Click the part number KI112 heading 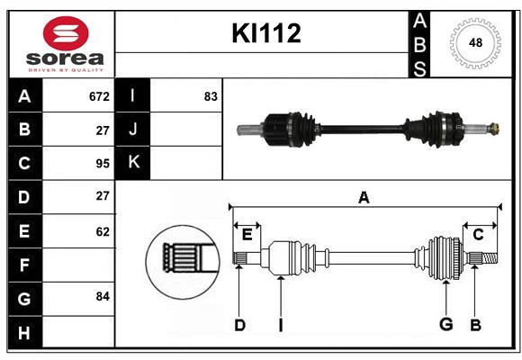pyautogui.click(x=266, y=34)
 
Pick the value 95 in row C pyautogui.click(x=102, y=164)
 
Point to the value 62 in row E pyautogui.click(x=102, y=231)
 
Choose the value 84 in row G pyautogui.click(x=102, y=296)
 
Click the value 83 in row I pyautogui.click(x=211, y=96)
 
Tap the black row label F pyautogui.click(x=24, y=265)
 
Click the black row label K pyautogui.click(x=134, y=162)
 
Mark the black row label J pyautogui.click(x=134, y=129)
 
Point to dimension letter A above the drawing pyautogui.click(x=364, y=197)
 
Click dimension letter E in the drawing pyautogui.click(x=247, y=235)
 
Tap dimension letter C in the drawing pyautogui.click(x=478, y=235)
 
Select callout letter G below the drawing pyautogui.click(x=445, y=325)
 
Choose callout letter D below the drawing pyautogui.click(x=239, y=325)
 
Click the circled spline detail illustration pyautogui.click(x=183, y=258)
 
